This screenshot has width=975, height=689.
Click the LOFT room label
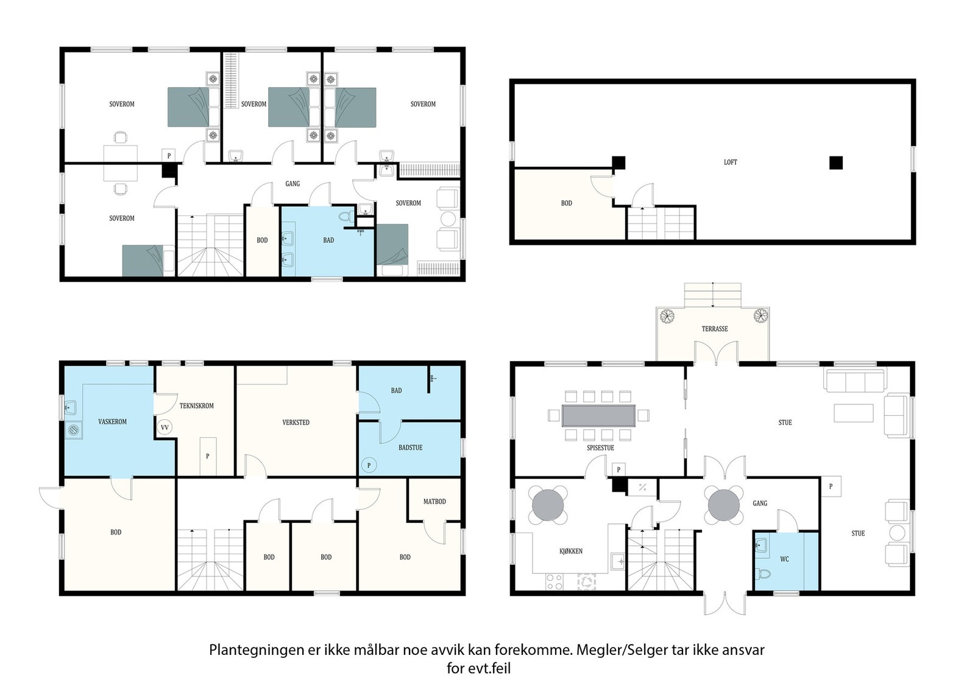click(x=731, y=162)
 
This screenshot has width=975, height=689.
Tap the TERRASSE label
click(x=715, y=329)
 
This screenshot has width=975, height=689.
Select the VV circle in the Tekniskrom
click(x=165, y=427)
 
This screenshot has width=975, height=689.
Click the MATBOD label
click(x=434, y=502)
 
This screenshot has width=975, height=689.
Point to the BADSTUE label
click(x=411, y=448)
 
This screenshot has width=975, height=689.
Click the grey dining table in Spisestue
click(x=598, y=416)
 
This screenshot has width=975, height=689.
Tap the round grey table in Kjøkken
click(x=548, y=505)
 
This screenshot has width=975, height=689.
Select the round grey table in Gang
click(x=724, y=505)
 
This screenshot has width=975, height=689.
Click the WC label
click(x=784, y=559)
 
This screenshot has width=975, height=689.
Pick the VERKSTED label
click(x=296, y=422)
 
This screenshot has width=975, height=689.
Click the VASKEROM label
click(x=112, y=422)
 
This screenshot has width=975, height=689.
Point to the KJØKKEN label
click(x=570, y=551)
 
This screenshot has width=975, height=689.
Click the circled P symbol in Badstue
click(x=369, y=466)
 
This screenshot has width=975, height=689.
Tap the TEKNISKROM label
click(x=197, y=406)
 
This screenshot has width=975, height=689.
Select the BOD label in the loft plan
click(x=566, y=203)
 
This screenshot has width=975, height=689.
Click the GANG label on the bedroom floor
click(x=292, y=184)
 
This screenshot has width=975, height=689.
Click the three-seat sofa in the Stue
click(x=855, y=380)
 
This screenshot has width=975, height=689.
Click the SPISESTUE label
click(x=600, y=448)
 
